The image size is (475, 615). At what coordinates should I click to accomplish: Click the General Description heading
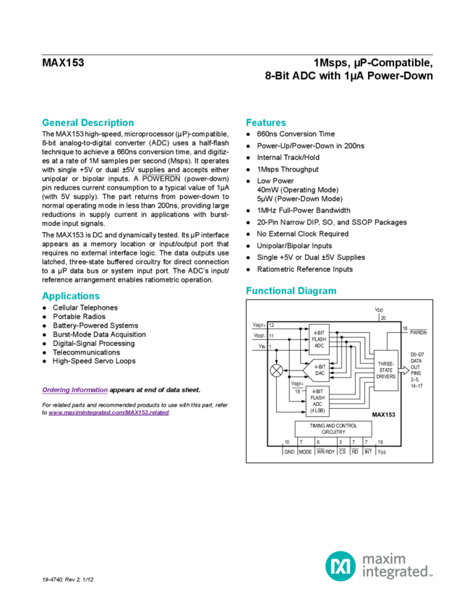tap(87, 123)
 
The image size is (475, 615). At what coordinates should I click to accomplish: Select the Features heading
tap(265, 123)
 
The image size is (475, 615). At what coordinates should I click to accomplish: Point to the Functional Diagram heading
tap(291, 291)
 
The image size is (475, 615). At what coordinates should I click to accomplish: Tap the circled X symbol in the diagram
tap(275, 371)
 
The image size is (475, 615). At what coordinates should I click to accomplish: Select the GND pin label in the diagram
tap(288, 451)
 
